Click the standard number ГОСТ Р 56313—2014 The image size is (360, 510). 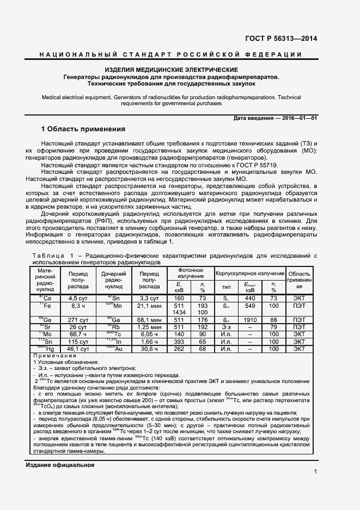(x=283, y=39)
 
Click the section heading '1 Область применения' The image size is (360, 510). (x=83, y=130)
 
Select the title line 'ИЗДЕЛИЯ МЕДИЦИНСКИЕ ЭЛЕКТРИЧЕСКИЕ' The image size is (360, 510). (x=171, y=70)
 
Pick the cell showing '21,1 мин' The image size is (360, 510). (x=149, y=306)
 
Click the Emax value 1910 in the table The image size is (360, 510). (x=250, y=320)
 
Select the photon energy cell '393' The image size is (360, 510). (x=179, y=342)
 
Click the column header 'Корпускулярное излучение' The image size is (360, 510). (x=250, y=274)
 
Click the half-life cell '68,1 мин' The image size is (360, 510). (x=149, y=320)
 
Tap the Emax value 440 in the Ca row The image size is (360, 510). (x=250, y=299)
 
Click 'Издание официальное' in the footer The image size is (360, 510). (x=60, y=465)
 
